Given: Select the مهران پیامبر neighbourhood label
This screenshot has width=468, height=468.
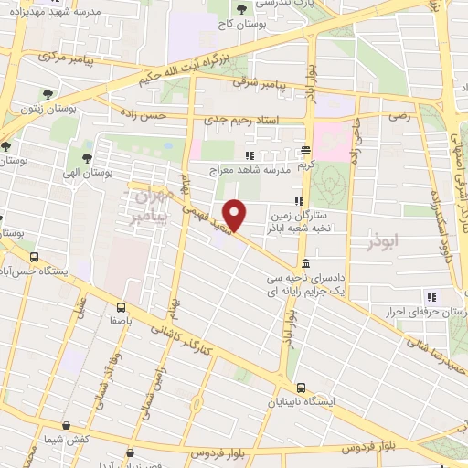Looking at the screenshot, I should point(149,207).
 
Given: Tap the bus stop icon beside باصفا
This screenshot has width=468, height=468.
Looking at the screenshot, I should point(122,308).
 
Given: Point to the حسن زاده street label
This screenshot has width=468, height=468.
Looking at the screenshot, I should point(146,117).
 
